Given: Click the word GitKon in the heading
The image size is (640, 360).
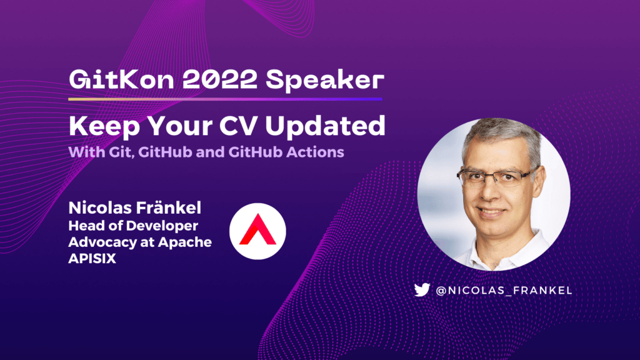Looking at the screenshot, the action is tap(121, 79).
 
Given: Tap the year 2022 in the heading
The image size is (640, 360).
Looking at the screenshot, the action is tap(219, 79).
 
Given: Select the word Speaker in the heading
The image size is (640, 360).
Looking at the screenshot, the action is tap(325, 81).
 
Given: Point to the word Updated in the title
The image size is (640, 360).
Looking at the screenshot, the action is tap(325, 126).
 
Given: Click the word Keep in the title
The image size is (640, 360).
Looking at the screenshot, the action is tap(104, 126).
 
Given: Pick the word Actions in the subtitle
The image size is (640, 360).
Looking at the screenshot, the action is tap(315, 152).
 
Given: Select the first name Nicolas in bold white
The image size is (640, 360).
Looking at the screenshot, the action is tap(99, 207).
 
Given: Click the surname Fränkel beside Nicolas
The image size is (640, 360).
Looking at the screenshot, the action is tap(168, 207).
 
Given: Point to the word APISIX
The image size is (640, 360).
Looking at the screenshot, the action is tap(92, 258).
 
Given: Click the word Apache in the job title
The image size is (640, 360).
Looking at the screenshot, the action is tap(185, 242).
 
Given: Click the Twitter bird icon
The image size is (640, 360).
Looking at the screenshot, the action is tap(422, 290).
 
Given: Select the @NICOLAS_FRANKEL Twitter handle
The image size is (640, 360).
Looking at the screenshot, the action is tap(504, 290).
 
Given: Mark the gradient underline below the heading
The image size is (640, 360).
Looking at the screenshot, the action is tap(225, 99).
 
